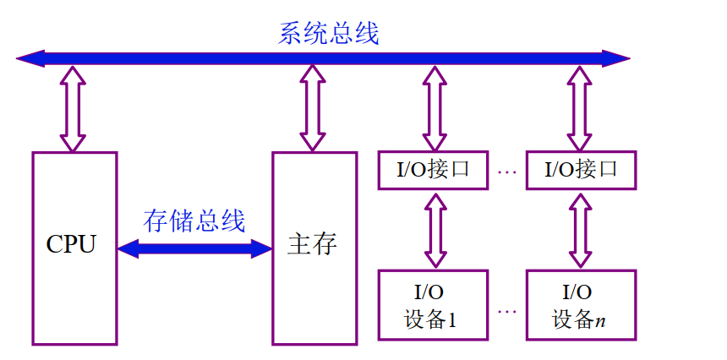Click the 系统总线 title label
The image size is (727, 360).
tap(328, 34)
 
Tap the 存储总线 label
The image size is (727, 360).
tap(194, 221)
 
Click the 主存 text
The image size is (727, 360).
tap(313, 246)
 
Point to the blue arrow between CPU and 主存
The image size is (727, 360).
tap(194, 248)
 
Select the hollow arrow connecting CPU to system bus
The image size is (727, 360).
tap(73, 108)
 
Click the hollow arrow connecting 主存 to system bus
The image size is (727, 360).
tap(314, 108)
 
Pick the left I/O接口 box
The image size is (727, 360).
tap(433, 170)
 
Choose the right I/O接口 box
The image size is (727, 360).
tap(580, 170)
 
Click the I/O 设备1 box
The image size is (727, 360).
tap(433, 306)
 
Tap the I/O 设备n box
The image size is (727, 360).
tap(580, 306)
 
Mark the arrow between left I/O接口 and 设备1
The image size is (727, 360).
tap(435, 229)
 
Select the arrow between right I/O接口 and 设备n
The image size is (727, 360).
tap(580, 229)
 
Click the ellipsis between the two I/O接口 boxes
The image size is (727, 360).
tap(507, 172)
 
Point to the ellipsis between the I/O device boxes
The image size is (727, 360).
tap(507, 311)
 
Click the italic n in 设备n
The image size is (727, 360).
tap(601, 321)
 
